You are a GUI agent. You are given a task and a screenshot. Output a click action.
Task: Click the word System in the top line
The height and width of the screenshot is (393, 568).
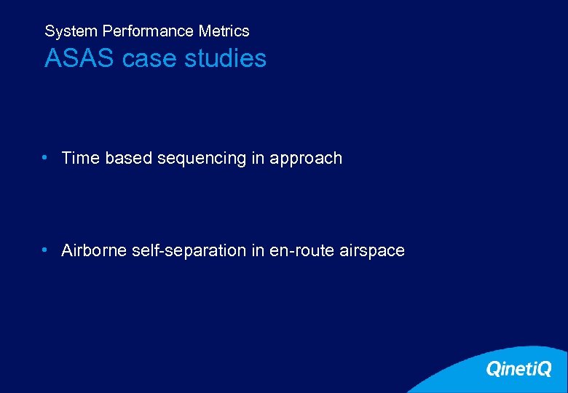[x=71, y=31]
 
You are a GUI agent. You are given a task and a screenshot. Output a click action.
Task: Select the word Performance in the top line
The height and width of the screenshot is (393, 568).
[x=149, y=31]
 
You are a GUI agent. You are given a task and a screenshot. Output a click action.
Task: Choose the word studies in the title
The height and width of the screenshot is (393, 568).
[x=226, y=58]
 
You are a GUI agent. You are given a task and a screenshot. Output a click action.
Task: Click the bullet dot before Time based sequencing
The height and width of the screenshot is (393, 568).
[x=45, y=157]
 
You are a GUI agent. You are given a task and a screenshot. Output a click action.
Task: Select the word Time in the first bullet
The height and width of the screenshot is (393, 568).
[x=81, y=158]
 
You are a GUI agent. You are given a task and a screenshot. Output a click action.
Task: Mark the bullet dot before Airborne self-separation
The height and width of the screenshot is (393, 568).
[x=45, y=250]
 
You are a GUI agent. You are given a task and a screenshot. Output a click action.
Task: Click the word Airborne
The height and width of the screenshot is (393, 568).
[x=93, y=250]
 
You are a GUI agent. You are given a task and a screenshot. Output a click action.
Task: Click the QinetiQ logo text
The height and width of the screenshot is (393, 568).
[x=518, y=369]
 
